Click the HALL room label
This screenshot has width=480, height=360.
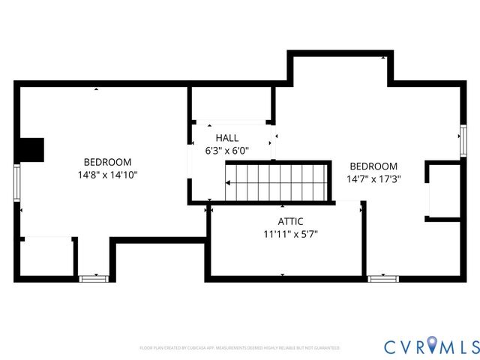(x=226, y=138)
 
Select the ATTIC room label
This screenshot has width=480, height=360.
(x=290, y=221)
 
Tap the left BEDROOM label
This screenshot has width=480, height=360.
(x=107, y=162)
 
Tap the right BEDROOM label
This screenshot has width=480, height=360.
(x=373, y=166)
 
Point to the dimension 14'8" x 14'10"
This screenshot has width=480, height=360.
(x=107, y=175)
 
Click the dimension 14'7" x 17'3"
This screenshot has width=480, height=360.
(x=373, y=179)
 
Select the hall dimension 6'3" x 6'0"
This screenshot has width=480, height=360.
(x=226, y=150)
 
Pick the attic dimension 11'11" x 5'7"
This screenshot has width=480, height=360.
(x=290, y=234)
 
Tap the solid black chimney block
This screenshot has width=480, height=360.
(x=32, y=149)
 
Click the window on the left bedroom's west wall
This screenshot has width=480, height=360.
(x=16, y=184)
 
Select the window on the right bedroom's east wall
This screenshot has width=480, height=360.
(x=463, y=138)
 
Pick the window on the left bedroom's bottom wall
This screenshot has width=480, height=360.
(x=89, y=278)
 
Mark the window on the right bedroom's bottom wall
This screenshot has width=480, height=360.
(x=381, y=278)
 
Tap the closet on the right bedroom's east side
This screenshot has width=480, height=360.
(x=444, y=190)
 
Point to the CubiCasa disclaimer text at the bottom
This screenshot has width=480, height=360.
(x=240, y=348)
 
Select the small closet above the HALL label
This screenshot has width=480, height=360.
(x=231, y=104)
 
